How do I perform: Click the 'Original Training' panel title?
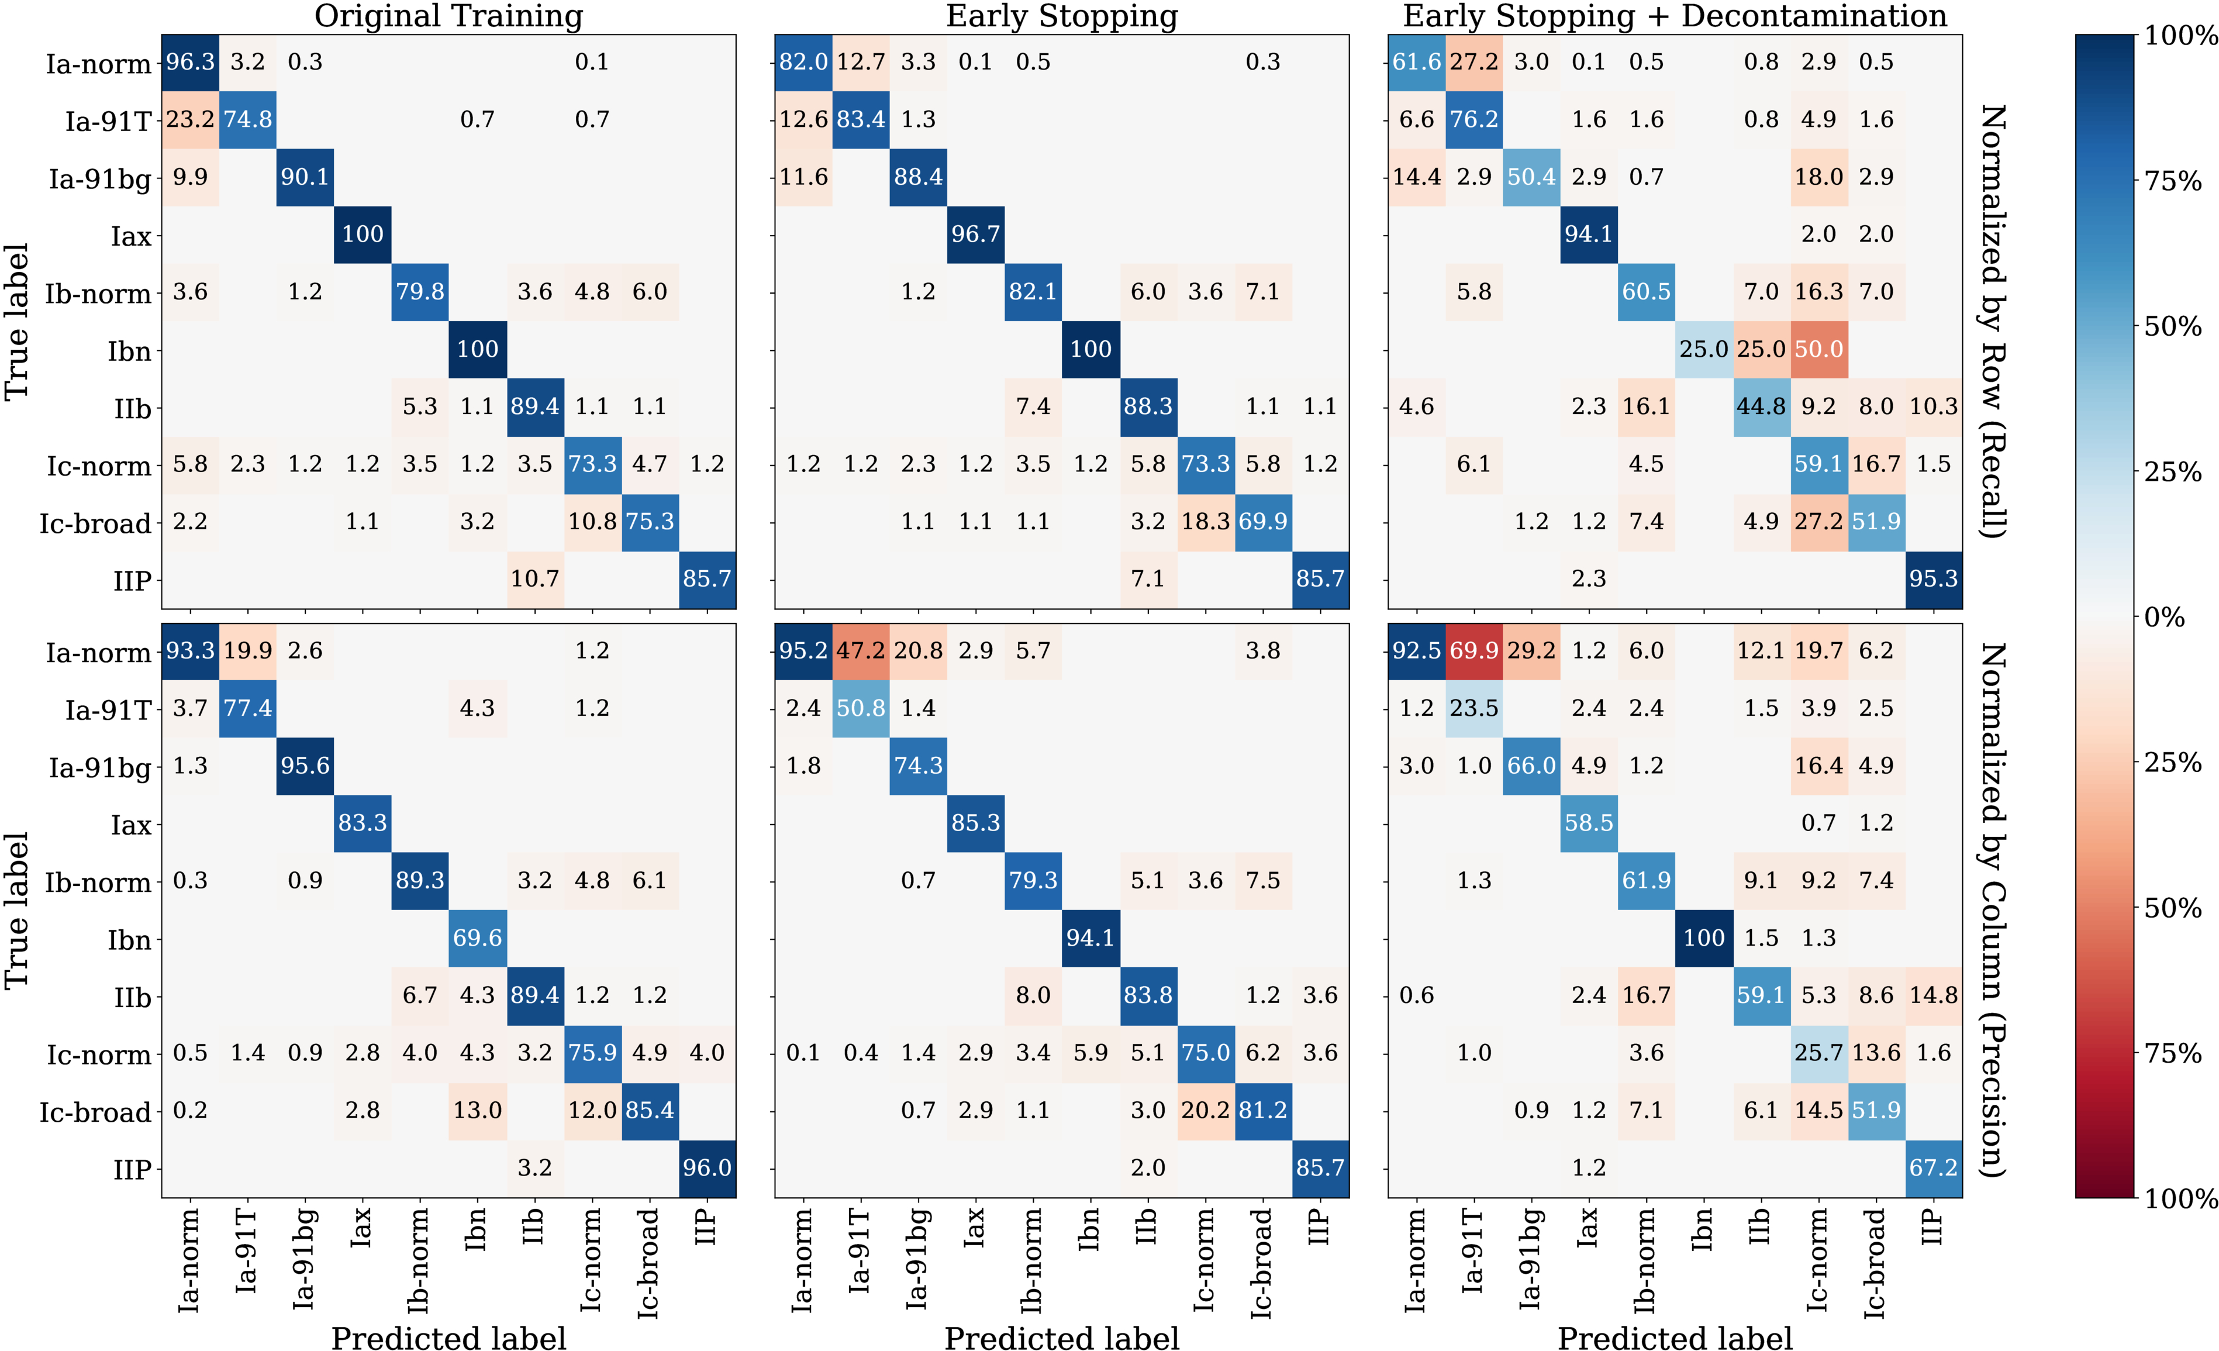click(448, 16)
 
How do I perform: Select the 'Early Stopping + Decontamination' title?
click(1675, 16)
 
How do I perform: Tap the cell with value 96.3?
click(190, 62)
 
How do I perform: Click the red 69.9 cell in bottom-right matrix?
click(1473, 651)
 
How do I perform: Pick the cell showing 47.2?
click(860, 651)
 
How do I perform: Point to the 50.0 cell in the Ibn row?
click(1818, 350)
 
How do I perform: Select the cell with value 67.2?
click(1934, 1168)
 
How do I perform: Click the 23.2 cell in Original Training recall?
click(190, 120)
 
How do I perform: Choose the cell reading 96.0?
click(707, 1168)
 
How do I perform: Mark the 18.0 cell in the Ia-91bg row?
click(1818, 177)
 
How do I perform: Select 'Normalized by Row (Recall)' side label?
click(1992, 322)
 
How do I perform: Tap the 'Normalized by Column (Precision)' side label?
click(1992, 909)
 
